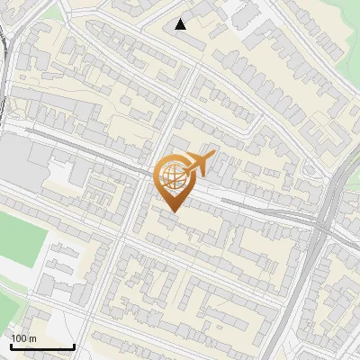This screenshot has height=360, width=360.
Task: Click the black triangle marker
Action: click(181, 24)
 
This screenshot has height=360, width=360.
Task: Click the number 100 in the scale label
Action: click(19, 338)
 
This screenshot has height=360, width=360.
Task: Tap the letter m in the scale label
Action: click(32, 338)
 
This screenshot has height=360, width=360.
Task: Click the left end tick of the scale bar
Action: click(11, 346)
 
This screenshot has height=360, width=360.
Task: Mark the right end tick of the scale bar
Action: click(74, 346)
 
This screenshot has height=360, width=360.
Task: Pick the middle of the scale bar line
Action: click(42, 347)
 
